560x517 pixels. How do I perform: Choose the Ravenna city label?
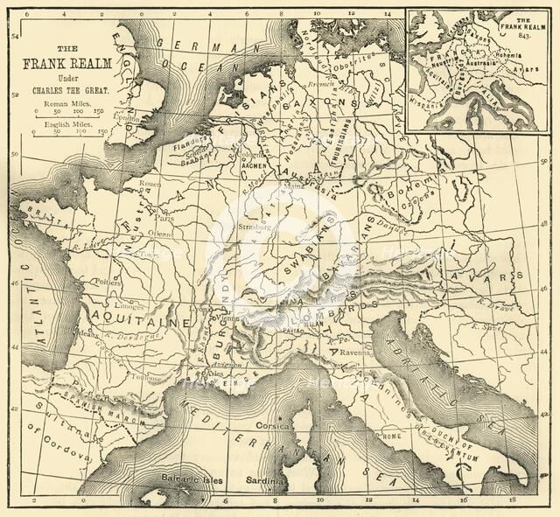click(x=381, y=354)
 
